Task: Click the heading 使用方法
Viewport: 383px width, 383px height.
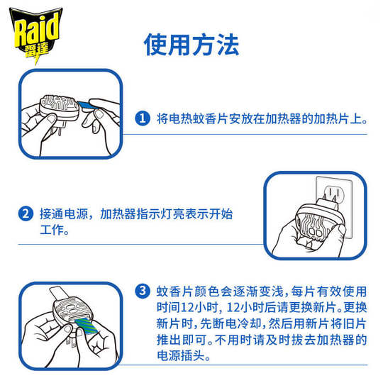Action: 191,44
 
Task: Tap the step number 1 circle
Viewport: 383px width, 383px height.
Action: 143,118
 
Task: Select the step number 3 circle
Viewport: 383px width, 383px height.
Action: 143,292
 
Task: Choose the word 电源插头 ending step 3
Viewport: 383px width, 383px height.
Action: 179,356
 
